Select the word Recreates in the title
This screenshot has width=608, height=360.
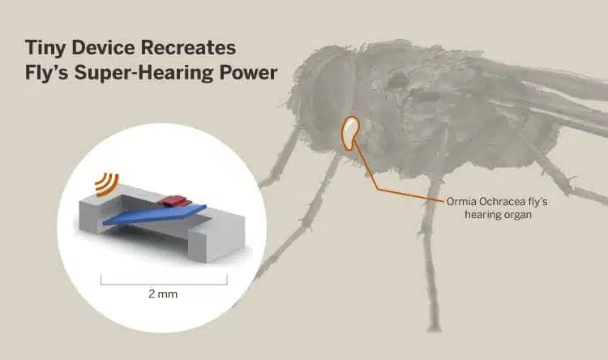188,48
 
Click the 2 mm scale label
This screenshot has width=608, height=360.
163,294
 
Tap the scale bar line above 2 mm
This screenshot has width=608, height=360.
164,285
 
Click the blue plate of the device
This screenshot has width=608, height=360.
155,216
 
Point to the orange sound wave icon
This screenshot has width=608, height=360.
107,184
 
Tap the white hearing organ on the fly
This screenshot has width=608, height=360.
350,133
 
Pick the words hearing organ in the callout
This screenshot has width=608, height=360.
498,215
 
